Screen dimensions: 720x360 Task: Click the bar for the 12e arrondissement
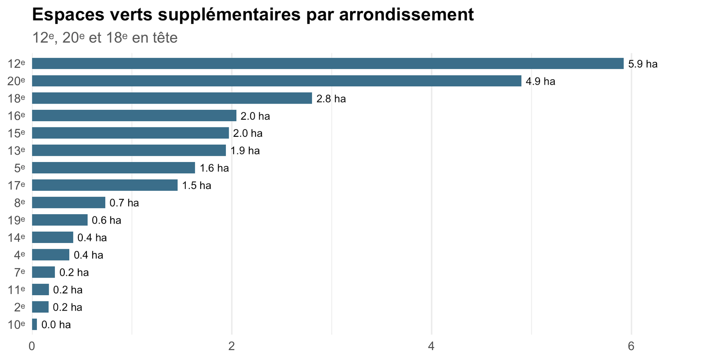tap(328, 63)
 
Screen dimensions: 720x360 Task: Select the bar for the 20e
tap(277, 81)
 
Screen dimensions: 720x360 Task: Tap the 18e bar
tap(172, 99)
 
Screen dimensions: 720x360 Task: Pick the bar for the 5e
tap(113, 168)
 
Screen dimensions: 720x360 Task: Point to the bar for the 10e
tap(34, 324)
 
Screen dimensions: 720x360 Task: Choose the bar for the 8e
tap(69, 202)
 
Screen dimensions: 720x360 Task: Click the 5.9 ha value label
tap(643, 64)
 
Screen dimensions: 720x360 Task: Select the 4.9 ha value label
tap(540, 81)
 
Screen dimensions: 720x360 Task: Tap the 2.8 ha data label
tap(331, 99)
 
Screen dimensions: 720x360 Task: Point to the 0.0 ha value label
tap(56, 324)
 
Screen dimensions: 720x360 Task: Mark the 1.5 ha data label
tap(197, 185)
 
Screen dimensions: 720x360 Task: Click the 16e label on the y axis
tap(16, 116)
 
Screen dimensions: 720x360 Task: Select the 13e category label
tap(16, 150)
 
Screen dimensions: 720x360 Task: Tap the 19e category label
tap(16, 220)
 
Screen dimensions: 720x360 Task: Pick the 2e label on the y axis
tap(20, 307)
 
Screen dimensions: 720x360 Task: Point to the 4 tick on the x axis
tap(432, 346)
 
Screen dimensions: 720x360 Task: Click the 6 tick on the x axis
tap(631, 346)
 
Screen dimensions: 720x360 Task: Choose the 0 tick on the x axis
tap(32, 346)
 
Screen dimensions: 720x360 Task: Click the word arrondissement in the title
tap(407, 15)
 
